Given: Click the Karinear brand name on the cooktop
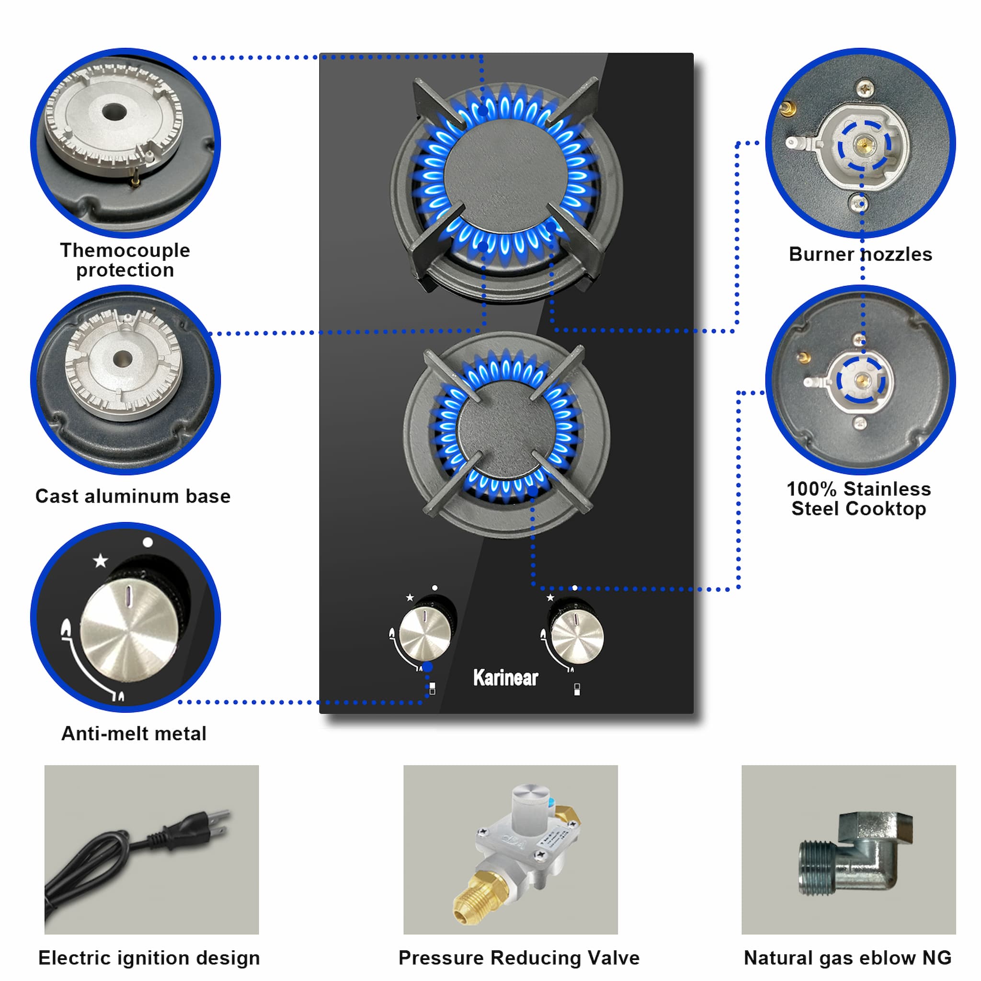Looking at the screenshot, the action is coord(505,678).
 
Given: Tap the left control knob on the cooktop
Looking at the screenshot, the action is coord(425,635).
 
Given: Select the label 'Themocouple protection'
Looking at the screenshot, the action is coord(125,260).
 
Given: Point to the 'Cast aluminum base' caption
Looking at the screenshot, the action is coord(133,496).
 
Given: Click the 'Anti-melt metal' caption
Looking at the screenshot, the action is coord(134,734).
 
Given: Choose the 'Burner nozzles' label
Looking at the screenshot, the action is coord(861,254).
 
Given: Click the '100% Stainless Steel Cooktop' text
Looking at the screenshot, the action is coord(859,499).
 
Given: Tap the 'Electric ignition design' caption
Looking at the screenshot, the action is coord(149,958).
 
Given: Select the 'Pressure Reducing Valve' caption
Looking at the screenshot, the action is coord(519,958).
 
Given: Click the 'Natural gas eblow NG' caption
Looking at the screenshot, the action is coord(847,958).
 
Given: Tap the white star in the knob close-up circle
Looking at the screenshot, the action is coord(101,560).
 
